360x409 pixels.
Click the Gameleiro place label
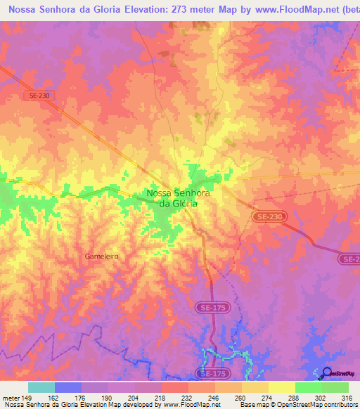(x=101, y=257)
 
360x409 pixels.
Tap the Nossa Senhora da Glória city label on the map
(x=173, y=197)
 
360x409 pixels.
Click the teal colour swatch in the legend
(x=41, y=387)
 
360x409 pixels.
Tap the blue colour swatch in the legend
(x=68, y=387)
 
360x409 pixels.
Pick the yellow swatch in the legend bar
(x=282, y=387)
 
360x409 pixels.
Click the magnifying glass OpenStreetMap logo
(x=327, y=373)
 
